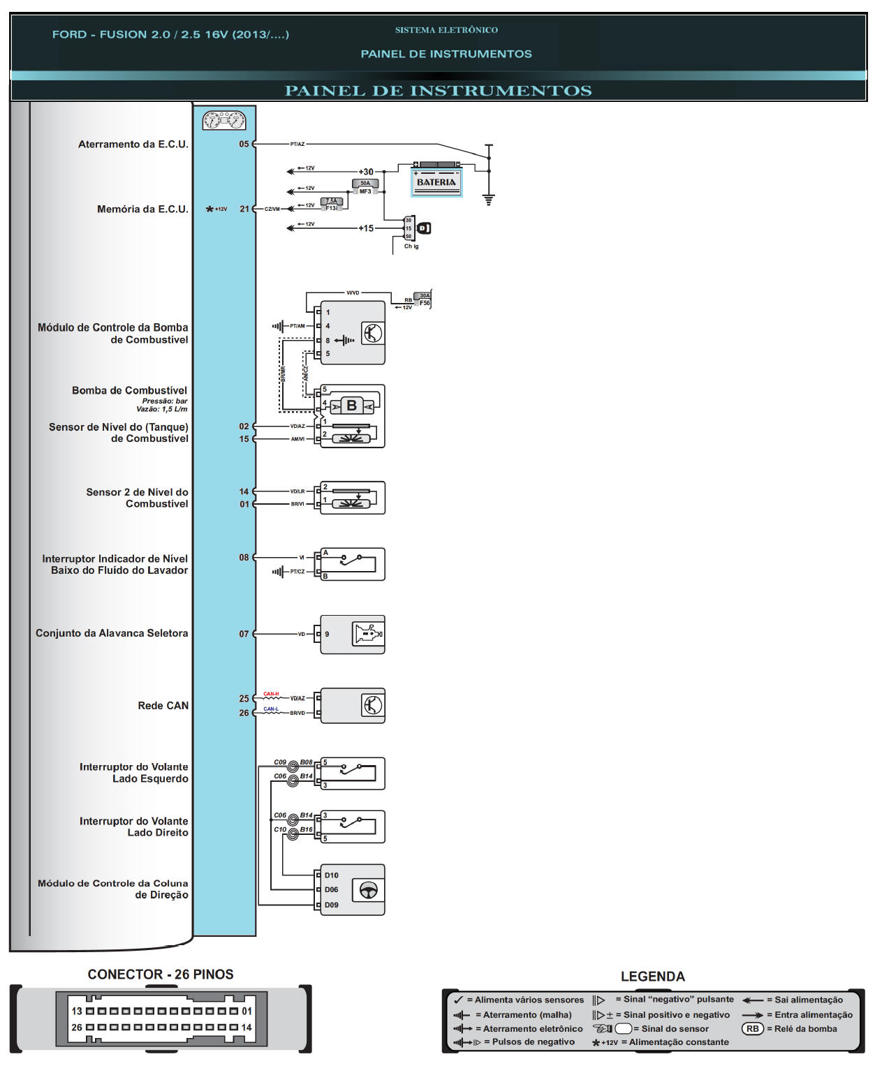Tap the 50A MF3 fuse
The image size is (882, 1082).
[365, 187]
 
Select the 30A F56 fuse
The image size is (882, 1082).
[423, 299]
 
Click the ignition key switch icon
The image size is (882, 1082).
[423, 228]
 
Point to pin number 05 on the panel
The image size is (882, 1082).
[244, 144]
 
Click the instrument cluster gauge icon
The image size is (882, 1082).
[224, 121]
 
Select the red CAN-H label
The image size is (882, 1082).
[271, 695]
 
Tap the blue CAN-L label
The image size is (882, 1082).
[271, 709]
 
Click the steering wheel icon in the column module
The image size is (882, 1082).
[368, 890]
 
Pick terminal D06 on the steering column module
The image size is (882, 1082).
[331, 890]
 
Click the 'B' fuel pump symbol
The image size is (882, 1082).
[352, 406]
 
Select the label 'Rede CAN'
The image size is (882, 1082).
[163, 706]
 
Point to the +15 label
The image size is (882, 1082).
[366, 228]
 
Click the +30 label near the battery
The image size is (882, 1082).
[366, 172]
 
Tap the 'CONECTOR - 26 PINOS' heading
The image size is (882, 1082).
[161, 974]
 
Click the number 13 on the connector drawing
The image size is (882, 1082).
[77, 1011]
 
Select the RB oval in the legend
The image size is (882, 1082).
[752, 1029]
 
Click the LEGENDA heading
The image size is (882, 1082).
[652, 977]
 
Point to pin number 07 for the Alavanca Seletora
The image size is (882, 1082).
[244, 634]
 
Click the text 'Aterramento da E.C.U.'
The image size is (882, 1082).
[133, 144]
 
